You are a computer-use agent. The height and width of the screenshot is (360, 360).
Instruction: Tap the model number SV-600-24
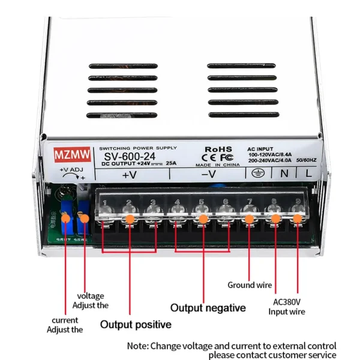(x=127, y=155)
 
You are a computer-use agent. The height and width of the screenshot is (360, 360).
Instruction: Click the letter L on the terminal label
(x=308, y=173)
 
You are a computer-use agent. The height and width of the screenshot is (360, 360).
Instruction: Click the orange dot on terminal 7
(x=249, y=219)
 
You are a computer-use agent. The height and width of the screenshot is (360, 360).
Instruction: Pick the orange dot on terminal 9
(x=298, y=219)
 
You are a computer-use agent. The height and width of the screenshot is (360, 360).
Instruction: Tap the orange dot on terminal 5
(x=201, y=219)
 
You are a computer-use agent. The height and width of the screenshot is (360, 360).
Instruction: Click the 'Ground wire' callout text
(x=250, y=285)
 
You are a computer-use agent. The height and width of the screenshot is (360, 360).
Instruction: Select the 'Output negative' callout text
(x=208, y=308)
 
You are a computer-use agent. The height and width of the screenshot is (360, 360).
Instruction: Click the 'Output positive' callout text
(x=135, y=325)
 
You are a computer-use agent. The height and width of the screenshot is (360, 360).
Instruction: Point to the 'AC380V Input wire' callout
(x=286, y=307)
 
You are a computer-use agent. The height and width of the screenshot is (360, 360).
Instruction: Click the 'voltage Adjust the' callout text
(x=91, y=300)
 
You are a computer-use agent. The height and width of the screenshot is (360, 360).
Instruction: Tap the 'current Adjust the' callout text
(x=65, y=325)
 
